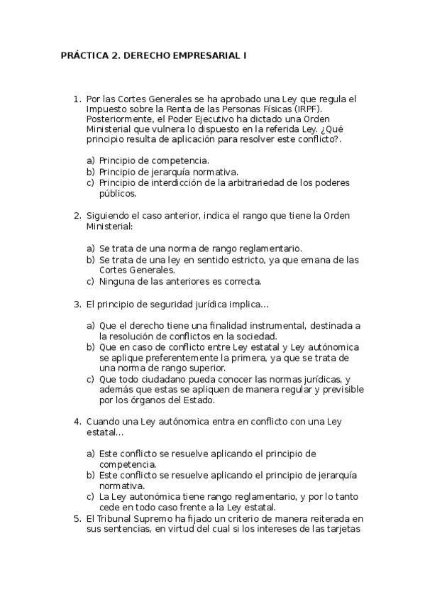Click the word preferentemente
(x=160, y=358)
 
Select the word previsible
(x=338, y=390)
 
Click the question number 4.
(x=78, y=421)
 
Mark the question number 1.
(x=78, y=98)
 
